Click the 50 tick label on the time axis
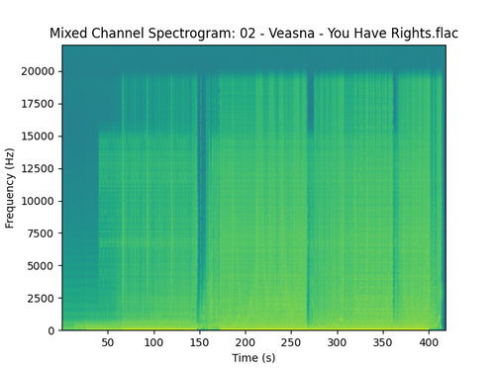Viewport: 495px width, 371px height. click(108, 342)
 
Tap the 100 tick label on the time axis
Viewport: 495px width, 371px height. click(153, 342)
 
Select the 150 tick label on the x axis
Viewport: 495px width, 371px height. click(199, 342)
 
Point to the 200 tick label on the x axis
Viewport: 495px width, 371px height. click(246, 342)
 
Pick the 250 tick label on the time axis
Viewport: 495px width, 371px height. click(291, 342)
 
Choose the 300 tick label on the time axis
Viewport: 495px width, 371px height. click(337, 342)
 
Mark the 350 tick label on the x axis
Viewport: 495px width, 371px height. click(383, 342)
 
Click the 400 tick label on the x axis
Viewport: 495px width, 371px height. click(429, 342)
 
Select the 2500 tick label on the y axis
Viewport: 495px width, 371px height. click(42, 298)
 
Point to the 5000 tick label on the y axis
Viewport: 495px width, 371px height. click(42, 265)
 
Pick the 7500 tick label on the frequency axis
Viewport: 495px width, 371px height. click(42, 233)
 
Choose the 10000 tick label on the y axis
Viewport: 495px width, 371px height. click(39, 201)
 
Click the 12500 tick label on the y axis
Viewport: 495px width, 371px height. click(39, 168)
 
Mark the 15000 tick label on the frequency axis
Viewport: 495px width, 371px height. click(39, 137)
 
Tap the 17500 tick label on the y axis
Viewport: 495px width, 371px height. click(39, 104)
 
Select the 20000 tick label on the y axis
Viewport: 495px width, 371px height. click(39, 71)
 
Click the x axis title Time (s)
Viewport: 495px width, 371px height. click(253, 357)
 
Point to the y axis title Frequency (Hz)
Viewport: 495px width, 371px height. click(11, 188)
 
